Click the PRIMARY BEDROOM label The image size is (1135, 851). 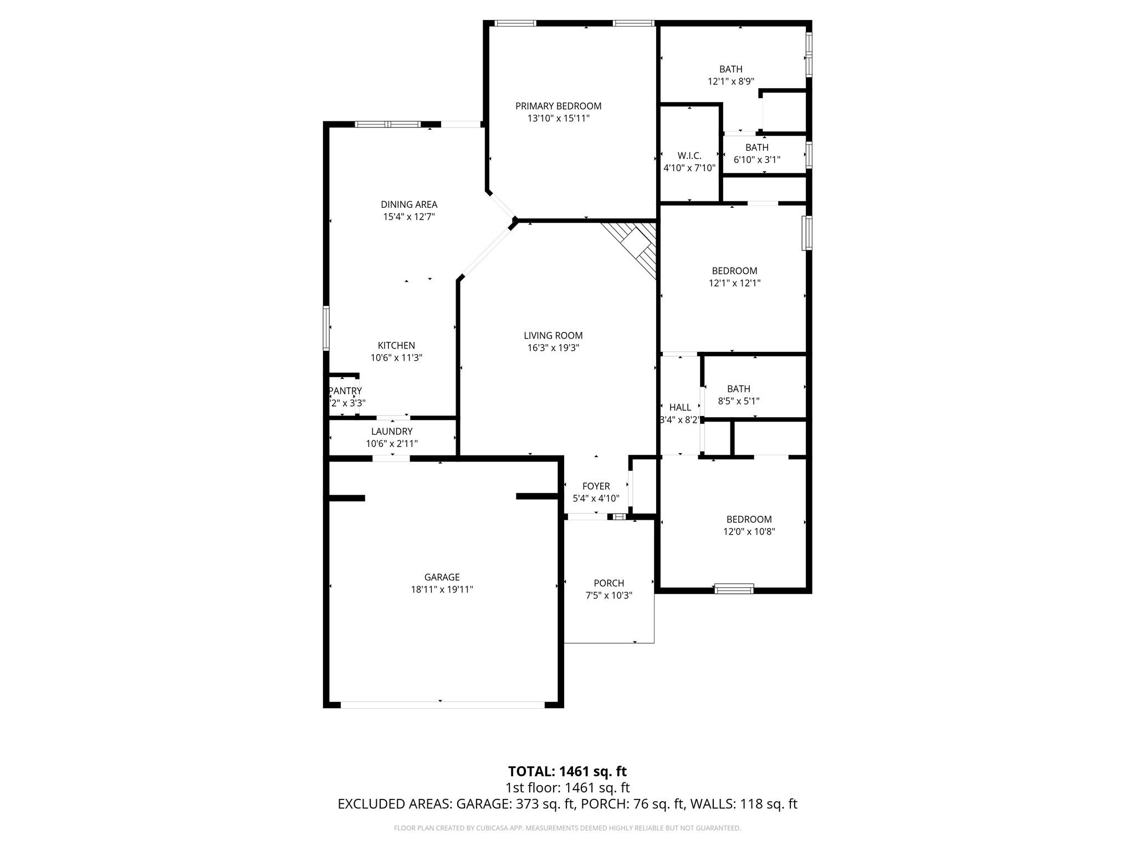click(x=558, y=106)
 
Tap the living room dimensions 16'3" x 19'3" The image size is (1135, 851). click(x=553, y=348)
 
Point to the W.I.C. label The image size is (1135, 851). click(x=689, y=156)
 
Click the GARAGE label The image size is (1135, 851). click(x=442, y=577)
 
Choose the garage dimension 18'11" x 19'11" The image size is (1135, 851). click(x=442, y=589)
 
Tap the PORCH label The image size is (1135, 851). click(x=609, y=583)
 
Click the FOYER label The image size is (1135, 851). click(x=596, y=486)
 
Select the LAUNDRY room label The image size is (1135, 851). click(x=392, y=432)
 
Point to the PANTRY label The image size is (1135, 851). click(x=345, y=391)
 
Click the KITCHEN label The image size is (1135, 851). click(x=396, y=345)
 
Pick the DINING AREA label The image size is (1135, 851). click(x=409, y=204)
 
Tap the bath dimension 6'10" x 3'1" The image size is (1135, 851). click(x=756, y=160)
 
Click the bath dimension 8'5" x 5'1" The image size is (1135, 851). click(x=738, y=401)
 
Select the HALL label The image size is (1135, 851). click(x=680, y=407)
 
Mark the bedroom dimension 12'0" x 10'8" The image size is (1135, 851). click(x=749, y=532)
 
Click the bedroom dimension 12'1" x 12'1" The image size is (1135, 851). click(x=734, y=283)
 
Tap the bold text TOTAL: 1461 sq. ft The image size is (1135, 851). click(x=567, y=771)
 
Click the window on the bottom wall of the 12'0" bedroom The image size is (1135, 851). click(x=734, y=588)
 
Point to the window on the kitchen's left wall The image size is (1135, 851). click(x=326, y=328)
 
